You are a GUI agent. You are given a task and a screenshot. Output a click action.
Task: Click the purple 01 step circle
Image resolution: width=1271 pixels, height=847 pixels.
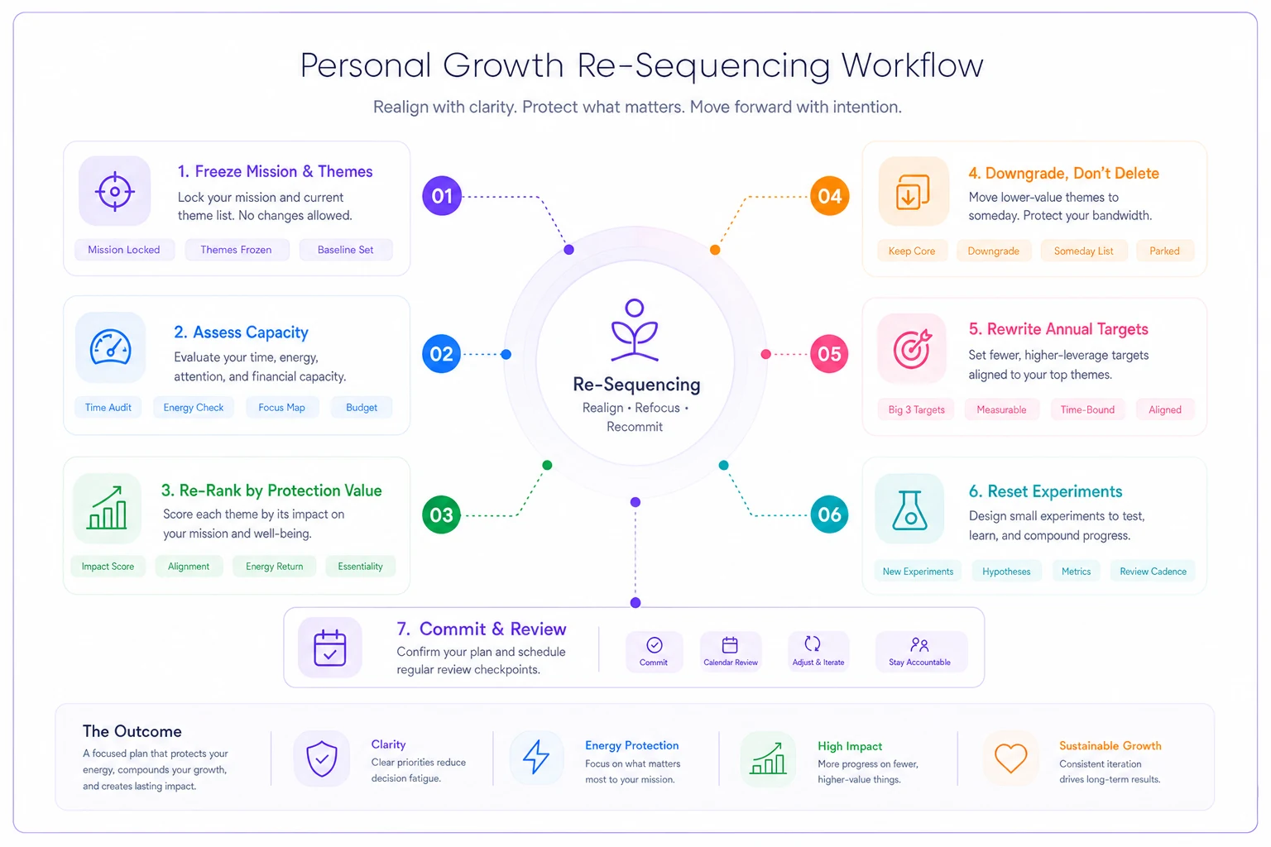[441, 196]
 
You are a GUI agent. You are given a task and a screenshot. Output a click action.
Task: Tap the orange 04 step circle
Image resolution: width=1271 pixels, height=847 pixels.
[829, 196]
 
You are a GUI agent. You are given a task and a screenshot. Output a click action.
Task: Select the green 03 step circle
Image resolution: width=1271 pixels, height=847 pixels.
[441, 514]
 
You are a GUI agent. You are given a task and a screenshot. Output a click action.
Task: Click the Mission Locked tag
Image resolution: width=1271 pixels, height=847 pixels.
[124, 250]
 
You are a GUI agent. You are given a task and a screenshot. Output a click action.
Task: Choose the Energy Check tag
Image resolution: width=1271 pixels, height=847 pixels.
[194, 407]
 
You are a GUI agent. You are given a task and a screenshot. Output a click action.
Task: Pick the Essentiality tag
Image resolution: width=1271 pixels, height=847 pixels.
[360, 566]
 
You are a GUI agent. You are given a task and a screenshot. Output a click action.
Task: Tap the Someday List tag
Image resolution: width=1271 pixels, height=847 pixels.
[1083, 251]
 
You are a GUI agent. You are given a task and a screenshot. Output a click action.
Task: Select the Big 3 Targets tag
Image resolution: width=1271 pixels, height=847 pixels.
[916, 409]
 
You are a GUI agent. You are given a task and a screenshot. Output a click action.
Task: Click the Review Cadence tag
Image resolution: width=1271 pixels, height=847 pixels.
[1153, 572]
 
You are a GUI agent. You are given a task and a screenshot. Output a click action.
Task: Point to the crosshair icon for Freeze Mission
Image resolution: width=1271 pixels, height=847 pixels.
[115, 191]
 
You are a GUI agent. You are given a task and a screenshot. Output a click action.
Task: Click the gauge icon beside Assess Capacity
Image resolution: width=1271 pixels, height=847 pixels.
[111, 347]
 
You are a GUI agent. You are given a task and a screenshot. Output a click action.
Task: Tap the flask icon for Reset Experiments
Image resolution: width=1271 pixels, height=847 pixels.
[909, 510]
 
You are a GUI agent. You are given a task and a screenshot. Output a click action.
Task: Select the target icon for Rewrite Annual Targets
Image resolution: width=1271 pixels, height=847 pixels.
[912, 348]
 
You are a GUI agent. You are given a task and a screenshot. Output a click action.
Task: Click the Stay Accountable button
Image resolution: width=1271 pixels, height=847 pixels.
[920, 651]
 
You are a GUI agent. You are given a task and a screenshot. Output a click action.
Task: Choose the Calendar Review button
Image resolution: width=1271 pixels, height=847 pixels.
[731, 651]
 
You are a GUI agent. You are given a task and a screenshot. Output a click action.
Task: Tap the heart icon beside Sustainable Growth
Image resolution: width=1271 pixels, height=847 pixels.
[1010, 758]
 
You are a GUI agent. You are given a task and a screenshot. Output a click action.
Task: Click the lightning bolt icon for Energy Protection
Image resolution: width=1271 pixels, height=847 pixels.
[536, 757]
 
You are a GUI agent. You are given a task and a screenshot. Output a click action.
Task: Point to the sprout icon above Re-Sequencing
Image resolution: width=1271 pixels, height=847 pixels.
[635, 330]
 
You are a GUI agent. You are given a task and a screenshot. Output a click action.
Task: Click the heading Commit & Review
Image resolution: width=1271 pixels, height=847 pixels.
[481, 629]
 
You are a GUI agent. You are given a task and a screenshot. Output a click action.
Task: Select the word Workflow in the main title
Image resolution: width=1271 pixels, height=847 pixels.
[912, 65]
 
